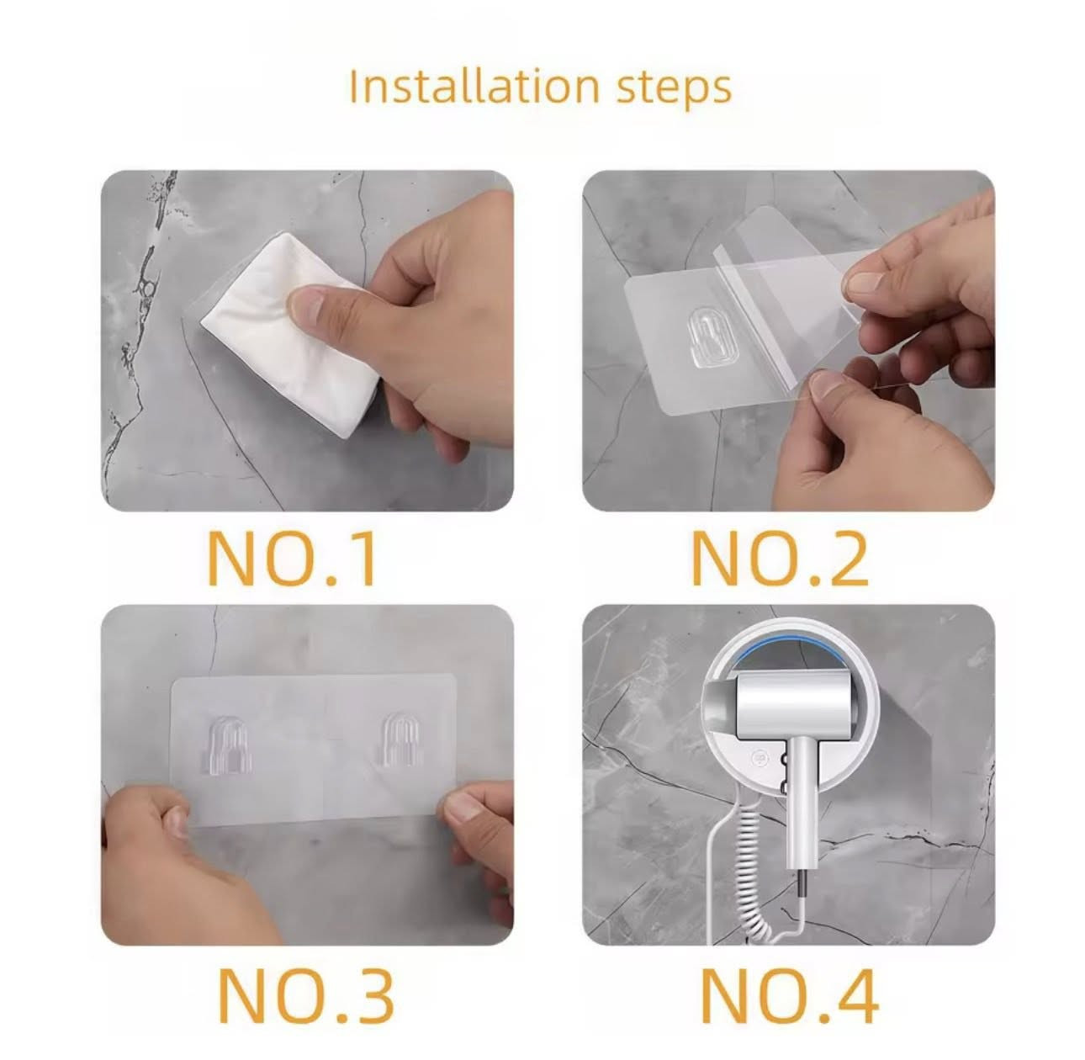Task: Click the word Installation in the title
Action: click(x=474, y=86)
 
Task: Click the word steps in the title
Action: click(x=674, y=89)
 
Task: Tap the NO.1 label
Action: click(x=290, y=559)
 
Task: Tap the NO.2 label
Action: click(x=780, y=559)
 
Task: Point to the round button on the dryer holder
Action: click(x=760, y=758)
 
